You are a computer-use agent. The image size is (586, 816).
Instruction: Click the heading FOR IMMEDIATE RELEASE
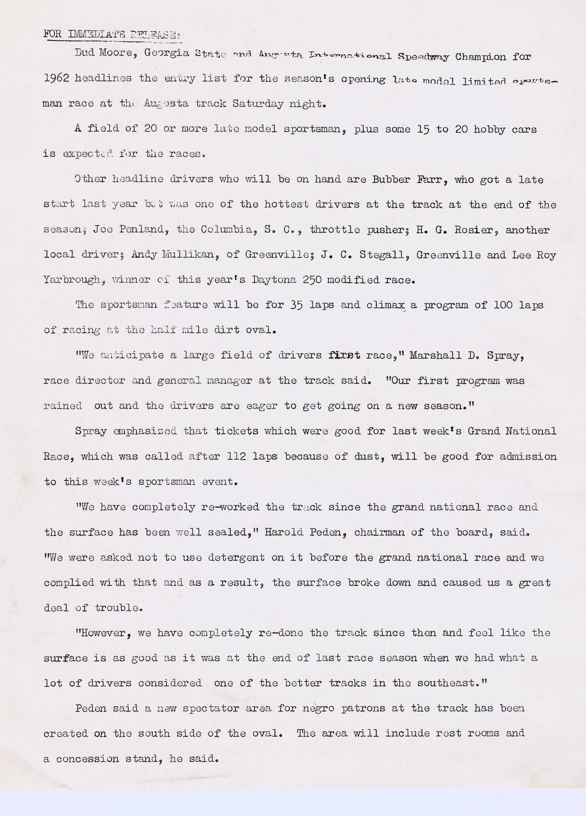point(112,34)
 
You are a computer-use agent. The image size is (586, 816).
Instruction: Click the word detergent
point(236,558)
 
